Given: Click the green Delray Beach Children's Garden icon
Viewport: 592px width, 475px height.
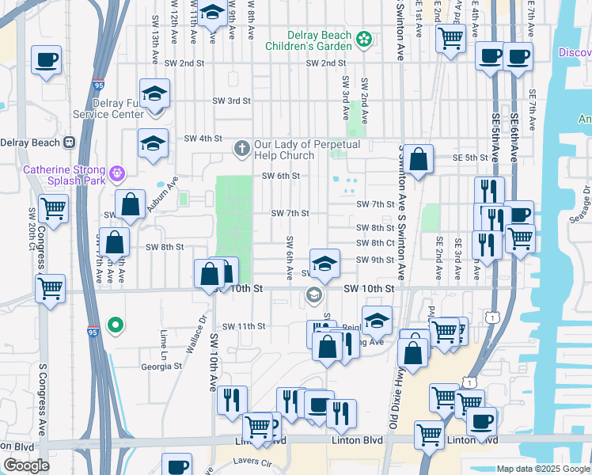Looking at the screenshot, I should click(x=364, y=39).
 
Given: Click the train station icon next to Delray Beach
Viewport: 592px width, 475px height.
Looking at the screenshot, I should click(x=70, y=142).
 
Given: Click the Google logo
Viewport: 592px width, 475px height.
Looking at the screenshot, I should click(x=26, y=465).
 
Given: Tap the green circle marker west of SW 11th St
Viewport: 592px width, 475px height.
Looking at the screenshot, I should click(x=116, y=325).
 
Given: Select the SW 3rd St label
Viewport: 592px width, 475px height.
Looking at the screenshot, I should click(x=231, y=101).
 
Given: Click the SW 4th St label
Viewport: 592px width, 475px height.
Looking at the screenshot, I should click(x=203, y=139).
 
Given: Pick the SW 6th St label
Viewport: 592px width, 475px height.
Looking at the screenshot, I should click(x=281, y=176).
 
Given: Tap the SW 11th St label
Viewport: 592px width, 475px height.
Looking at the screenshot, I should click(x=243, y=326).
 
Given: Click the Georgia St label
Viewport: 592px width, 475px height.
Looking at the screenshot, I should click(x=161, y=367).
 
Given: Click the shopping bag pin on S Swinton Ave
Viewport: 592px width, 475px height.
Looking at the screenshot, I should click(x=419, y=158).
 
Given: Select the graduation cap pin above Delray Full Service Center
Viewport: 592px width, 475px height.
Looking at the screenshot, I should click(x=155, y=93).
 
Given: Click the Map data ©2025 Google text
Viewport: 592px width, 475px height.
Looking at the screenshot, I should click(x=544, y=469).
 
